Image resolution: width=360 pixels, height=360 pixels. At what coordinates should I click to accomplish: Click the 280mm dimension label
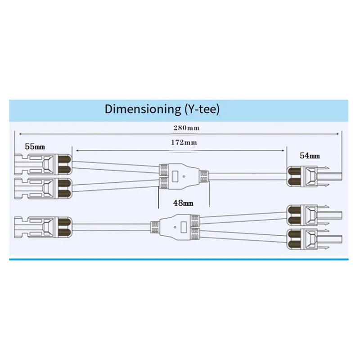(x=186, y=128)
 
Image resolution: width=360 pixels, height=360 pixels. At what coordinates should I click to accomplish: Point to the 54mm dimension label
(x=310, y=156)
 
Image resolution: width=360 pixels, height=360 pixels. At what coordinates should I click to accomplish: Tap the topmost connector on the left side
(x=43, y=165)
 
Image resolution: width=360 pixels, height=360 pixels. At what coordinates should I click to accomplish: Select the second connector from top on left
(x=43, y=187)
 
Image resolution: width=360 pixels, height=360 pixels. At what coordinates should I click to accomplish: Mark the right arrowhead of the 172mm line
(x=284, y=150)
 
